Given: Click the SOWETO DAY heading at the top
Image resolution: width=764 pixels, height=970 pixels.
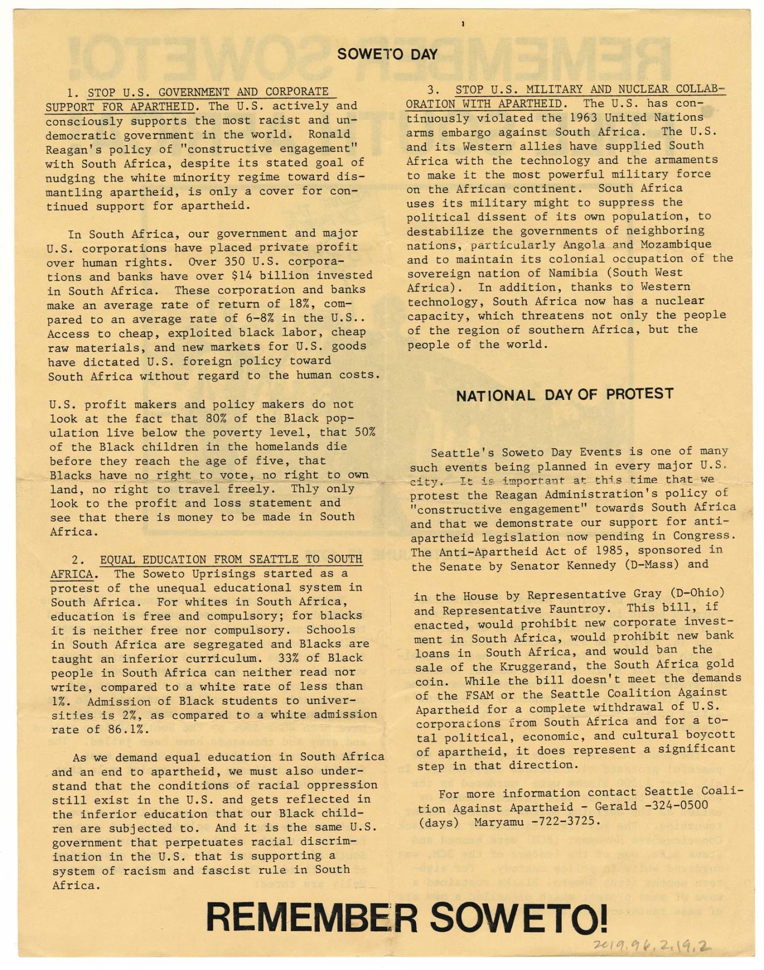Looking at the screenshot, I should (387, 54).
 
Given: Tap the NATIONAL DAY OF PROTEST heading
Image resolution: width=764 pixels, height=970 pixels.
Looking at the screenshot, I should (565, 395).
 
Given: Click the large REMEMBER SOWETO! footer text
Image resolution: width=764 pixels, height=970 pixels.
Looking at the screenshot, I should (406, 918).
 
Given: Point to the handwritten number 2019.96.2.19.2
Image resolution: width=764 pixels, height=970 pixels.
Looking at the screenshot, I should (651, 945).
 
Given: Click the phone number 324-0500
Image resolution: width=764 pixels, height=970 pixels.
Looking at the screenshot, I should (676, 806).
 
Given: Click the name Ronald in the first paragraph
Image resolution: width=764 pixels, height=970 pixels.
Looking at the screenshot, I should (329, 134).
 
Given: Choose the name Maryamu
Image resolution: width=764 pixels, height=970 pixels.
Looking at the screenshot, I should (498, 822).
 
